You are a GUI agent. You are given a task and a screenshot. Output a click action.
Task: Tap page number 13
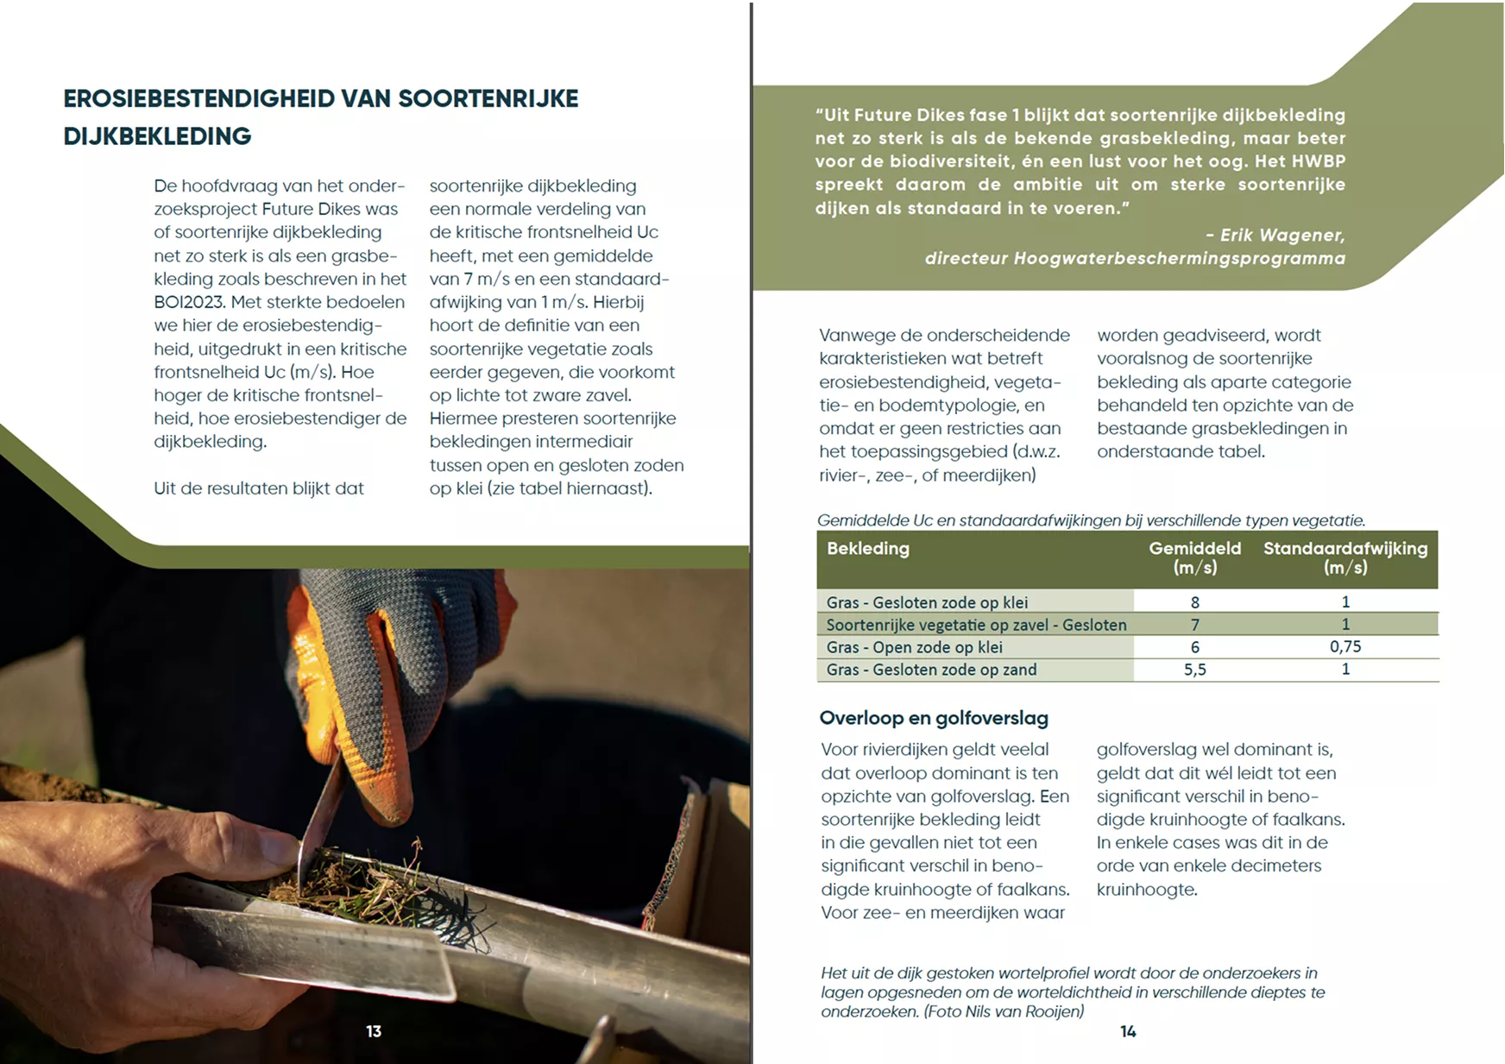[374, 1031]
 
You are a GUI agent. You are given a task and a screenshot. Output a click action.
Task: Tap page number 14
[1128, 1031]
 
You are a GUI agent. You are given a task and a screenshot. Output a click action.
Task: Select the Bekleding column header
[867, 549]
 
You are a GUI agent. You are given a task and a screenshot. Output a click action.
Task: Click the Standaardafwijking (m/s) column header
[1344, 557]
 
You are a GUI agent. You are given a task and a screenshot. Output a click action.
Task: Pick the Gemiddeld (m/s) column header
[1194, 557]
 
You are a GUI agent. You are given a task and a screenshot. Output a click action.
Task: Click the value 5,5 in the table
[1194, 670]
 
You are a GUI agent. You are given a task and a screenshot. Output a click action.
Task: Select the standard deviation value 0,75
[1344, 647]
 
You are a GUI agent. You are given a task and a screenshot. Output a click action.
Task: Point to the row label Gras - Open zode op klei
[914, 647]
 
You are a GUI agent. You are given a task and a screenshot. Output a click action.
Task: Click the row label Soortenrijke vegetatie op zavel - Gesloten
[976, 625]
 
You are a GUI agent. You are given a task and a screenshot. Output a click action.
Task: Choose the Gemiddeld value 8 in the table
[1194, 602]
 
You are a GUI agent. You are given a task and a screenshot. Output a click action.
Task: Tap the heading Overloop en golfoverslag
[934, 718]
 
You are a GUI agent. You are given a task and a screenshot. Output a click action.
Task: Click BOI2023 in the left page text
[189, 302]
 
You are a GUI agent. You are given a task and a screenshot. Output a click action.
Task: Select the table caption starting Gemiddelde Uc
[1091, 520]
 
